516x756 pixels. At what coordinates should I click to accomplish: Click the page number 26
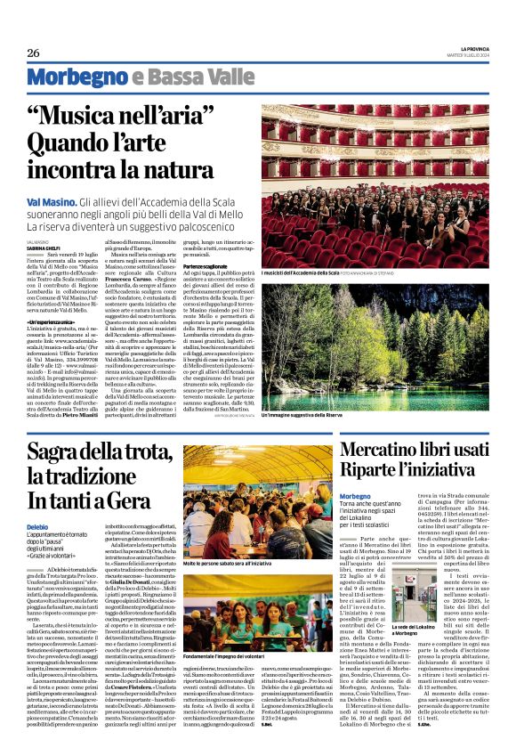click(x=34, y=53)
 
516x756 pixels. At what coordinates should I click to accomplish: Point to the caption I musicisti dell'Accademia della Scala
click(x=301, y=272)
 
